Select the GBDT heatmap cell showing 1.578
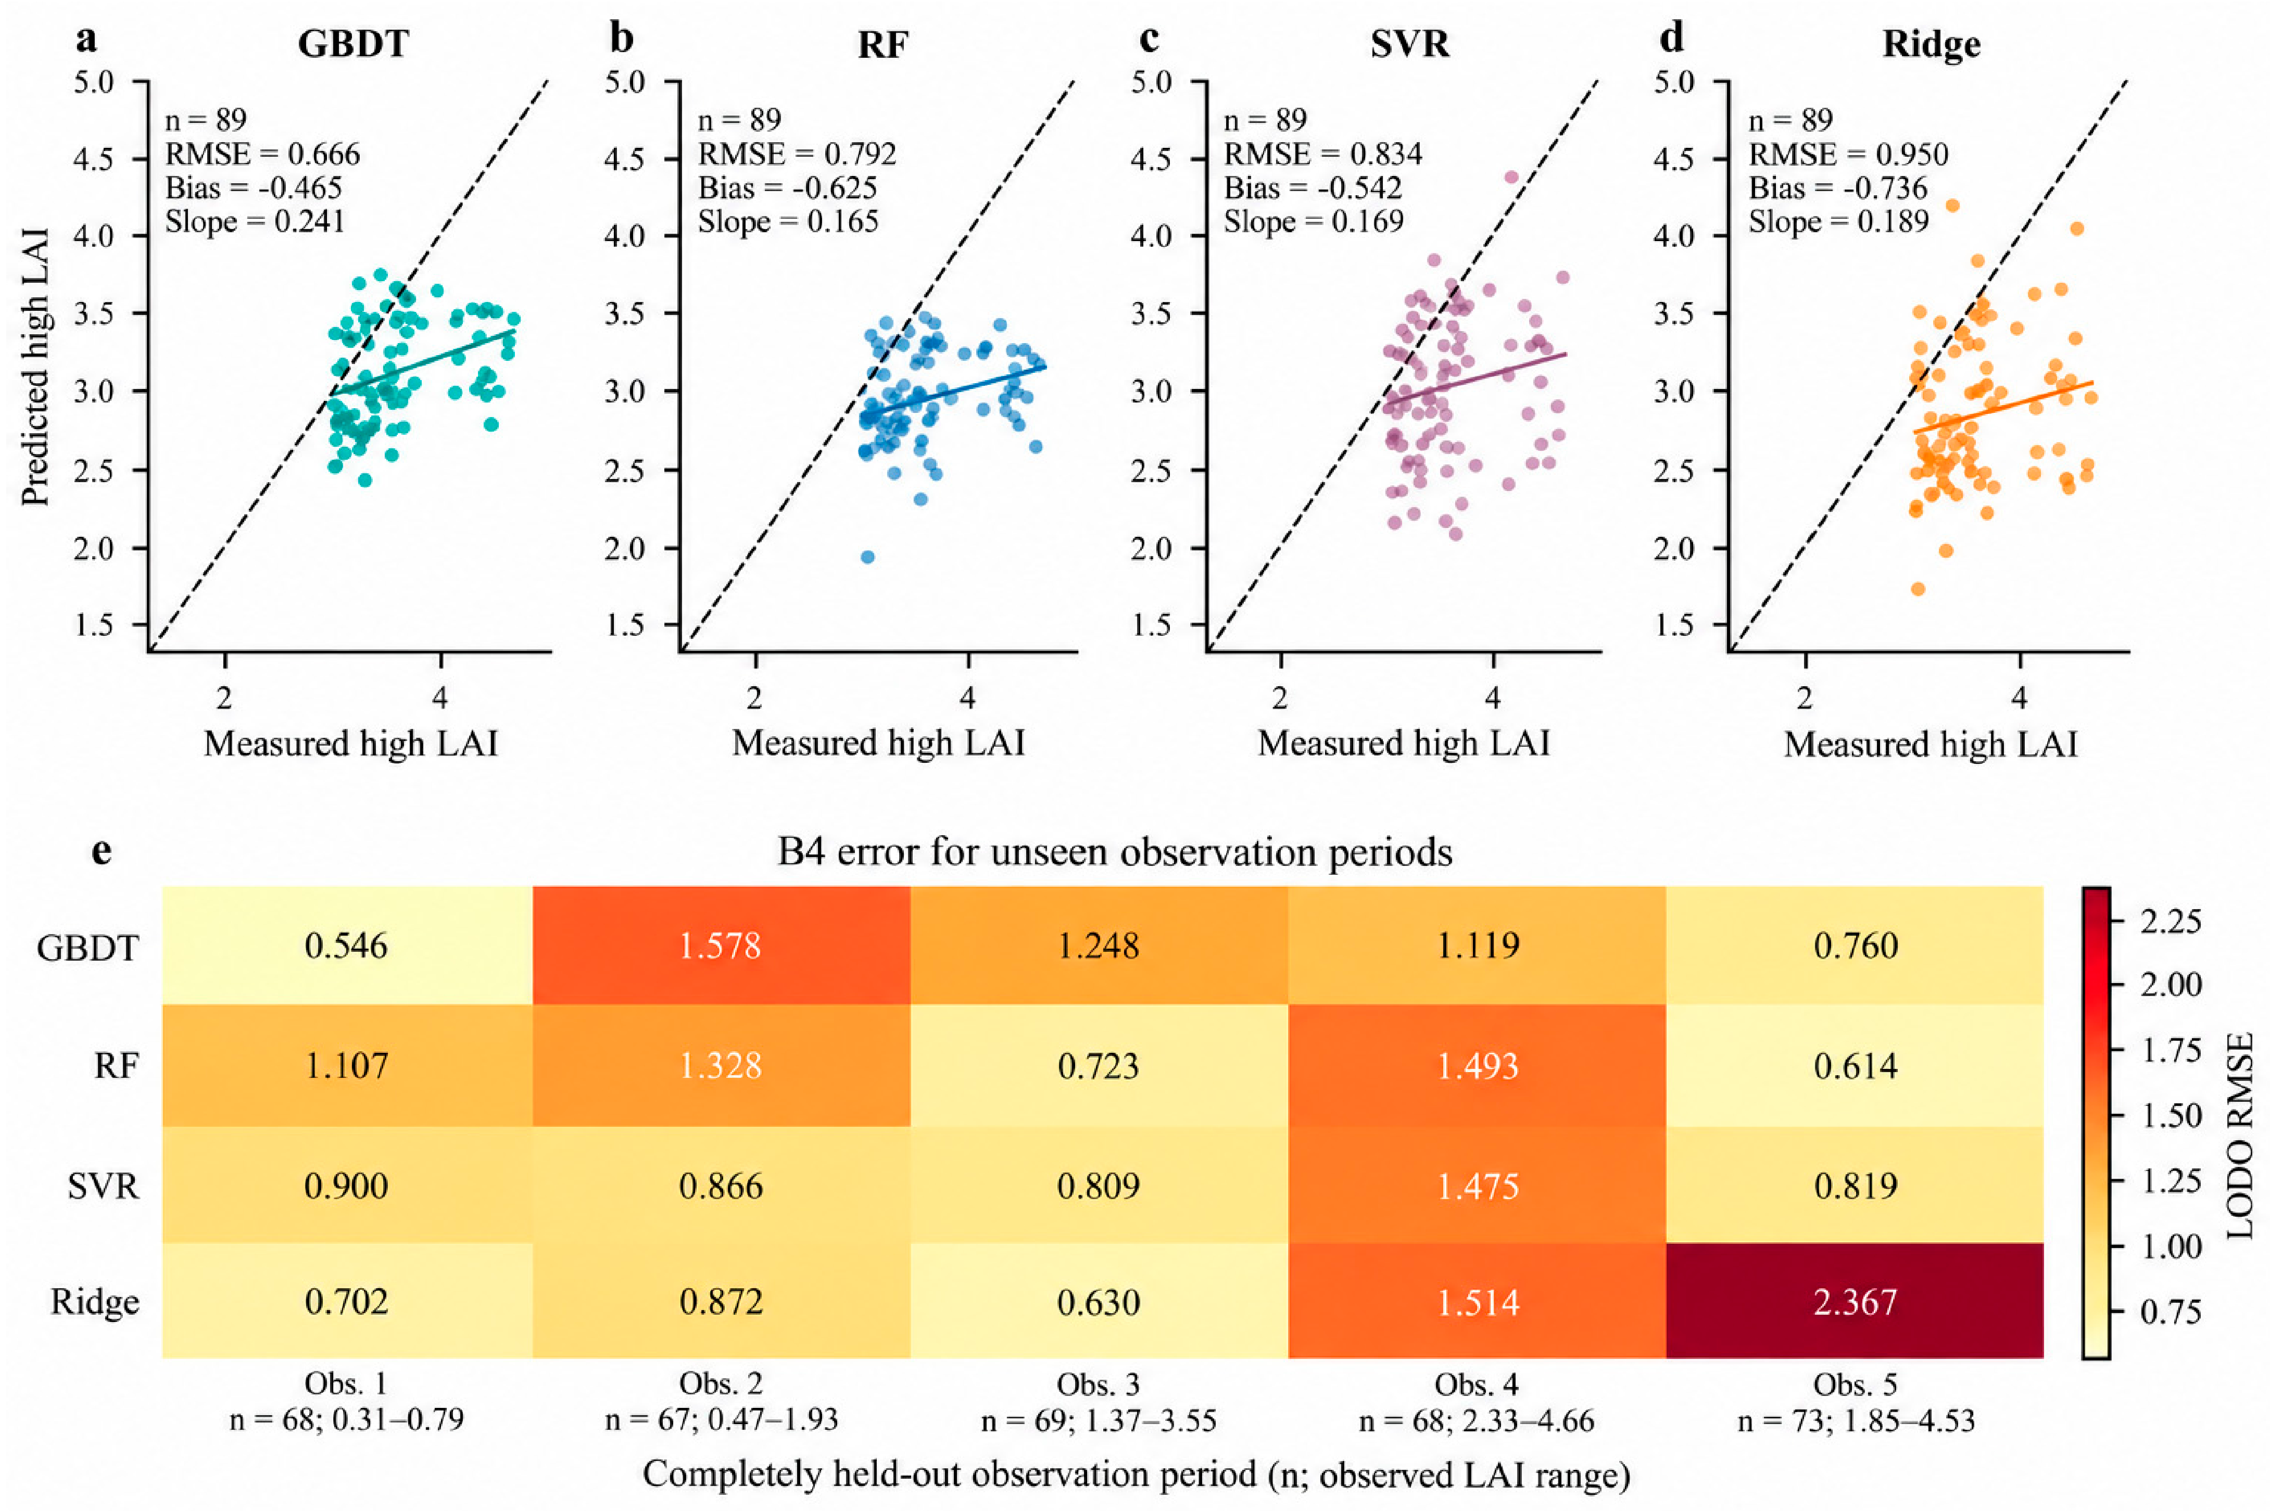click(x=721, y=946)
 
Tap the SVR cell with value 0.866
click(x=721, y=1185)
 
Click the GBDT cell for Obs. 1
click(x=347, y=946)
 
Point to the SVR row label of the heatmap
click(x=103, y=1185)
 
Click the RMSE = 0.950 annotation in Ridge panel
click(x=1848, y=154)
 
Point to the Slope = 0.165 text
click(x=788, y=222)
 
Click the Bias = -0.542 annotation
click(x=1313, y=188)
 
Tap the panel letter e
click(x=101, y=852)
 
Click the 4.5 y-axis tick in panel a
click(x=94, y=159)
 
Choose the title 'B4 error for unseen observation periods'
click(x=1115, y=852)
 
